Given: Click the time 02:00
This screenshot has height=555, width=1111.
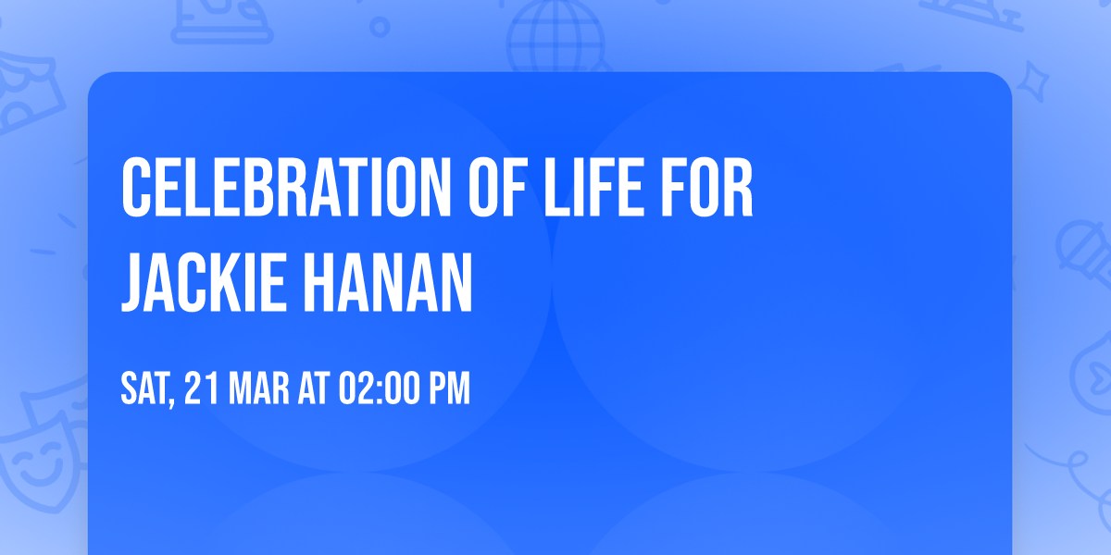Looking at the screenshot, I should (379, 389).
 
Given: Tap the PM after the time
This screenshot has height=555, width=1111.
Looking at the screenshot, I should (449, 389).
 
